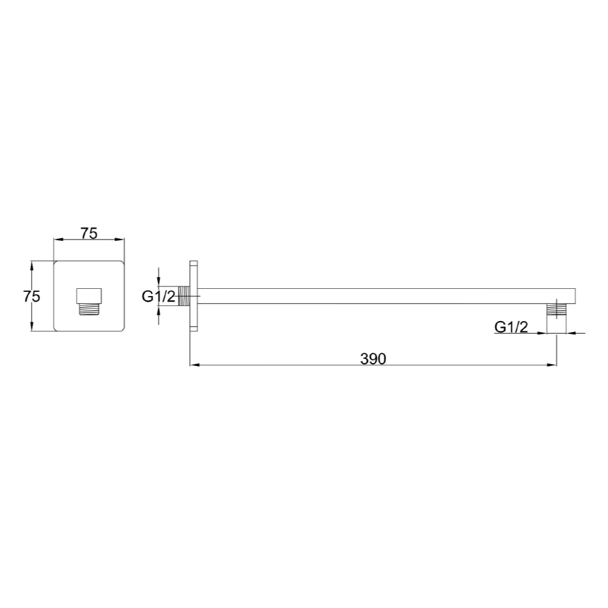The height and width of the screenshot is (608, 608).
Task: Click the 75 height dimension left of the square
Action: pyautogui.click(x=31, y=296)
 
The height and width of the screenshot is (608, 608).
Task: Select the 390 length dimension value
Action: pyautogui.click(x=373, y=359)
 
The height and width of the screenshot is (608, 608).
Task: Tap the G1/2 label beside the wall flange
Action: pyautogui.click(x=158, y=296)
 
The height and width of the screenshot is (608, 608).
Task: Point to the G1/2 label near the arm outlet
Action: pyautogui.click(x=511, y=326)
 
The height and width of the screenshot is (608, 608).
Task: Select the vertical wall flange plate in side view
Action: pyautogui.click(x=193, y=296)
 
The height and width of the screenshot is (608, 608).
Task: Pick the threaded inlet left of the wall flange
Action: pyautogui.click(x=184, y=296)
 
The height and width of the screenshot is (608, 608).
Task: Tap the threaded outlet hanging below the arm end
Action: pyautogui.click(x=556, y=309)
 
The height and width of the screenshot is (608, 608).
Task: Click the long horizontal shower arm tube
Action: pyautogui.click(x=383, y=296)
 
